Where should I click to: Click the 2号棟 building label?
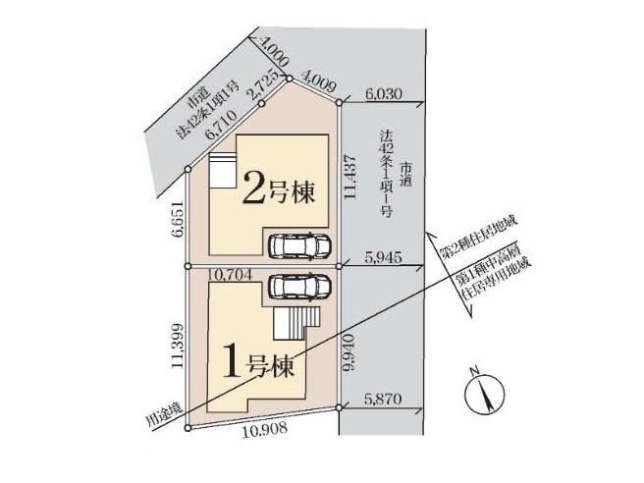point(279,188)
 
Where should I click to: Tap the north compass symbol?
point(485,393)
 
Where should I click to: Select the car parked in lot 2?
point(299,246)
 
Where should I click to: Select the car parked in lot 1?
point(299,286)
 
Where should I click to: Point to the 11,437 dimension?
point(350,177)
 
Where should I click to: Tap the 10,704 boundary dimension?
point(230,274)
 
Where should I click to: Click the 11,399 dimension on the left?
point(178,347)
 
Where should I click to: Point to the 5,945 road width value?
point(383,257)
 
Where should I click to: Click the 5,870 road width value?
point(383,399)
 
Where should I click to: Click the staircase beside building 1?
point(296,323)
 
